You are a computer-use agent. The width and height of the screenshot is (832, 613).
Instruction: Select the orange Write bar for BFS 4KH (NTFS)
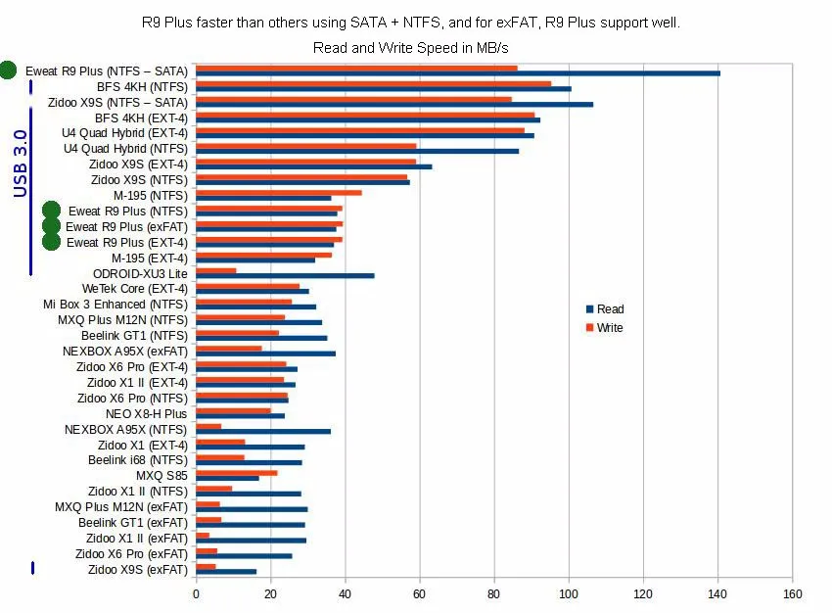(373, 84)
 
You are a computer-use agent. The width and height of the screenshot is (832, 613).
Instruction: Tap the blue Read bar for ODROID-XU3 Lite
(285, 275)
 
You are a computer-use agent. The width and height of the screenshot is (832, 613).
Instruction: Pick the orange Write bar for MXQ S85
(236, 473)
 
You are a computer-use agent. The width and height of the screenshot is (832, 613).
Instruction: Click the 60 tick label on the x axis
(420, 593)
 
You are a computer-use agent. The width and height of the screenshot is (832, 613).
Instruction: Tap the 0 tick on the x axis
(196, 593)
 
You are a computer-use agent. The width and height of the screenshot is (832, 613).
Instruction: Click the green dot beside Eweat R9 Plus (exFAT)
(52, 226)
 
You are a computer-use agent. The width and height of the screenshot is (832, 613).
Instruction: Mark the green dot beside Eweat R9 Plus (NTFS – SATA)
(8, 70)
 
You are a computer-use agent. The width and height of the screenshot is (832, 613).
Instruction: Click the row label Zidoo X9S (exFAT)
(137, 569)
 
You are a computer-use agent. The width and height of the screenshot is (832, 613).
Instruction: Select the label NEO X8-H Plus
(146, 413)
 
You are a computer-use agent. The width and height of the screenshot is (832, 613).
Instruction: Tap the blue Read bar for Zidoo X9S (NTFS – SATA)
(394, 104)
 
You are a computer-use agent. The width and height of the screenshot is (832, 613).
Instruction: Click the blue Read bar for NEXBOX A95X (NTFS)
(263, 431)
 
